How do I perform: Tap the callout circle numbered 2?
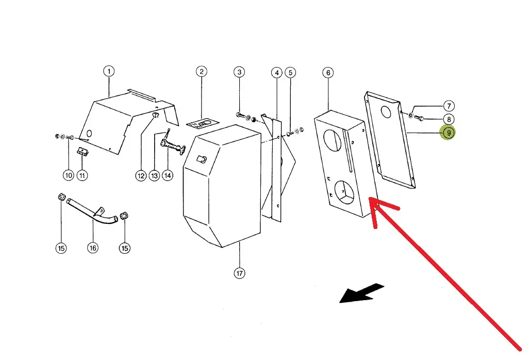202,71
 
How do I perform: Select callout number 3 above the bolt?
239,72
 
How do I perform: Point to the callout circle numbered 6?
328,73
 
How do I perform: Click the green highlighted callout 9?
449,133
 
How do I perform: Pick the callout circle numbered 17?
239,273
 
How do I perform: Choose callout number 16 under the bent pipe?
92,248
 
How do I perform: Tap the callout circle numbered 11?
82,175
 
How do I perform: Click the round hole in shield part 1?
89,134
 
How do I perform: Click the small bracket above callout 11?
82,152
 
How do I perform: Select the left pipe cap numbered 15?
61,198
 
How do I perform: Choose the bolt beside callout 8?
419,119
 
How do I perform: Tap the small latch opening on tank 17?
202,160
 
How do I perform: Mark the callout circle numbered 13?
154,175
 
